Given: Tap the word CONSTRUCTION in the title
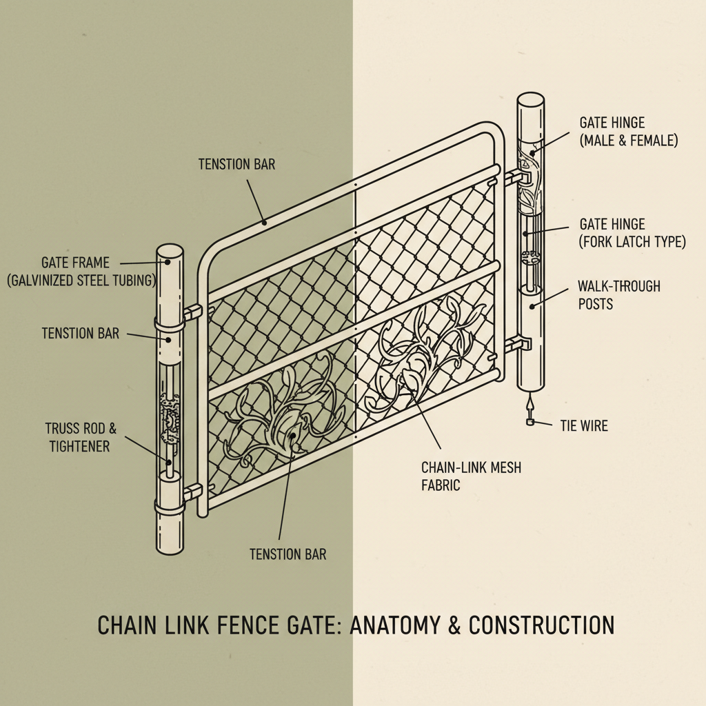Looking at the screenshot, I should tap(541, 625).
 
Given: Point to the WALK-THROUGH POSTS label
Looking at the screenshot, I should tap(619, 294).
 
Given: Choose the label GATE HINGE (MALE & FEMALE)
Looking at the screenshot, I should tap(628, 131).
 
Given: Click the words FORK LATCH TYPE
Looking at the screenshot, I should tap(633, 242).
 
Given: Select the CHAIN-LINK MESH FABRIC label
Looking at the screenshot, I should tap(471, 476).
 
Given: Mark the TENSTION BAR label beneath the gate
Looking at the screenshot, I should tap(288, 554).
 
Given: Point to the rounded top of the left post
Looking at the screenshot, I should tap(170, 252).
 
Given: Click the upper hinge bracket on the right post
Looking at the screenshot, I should tap(518, 177).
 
